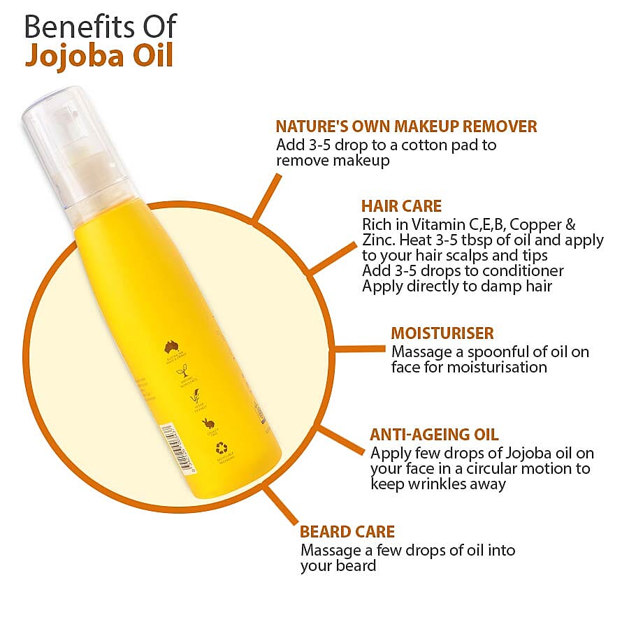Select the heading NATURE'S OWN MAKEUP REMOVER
point(406,126)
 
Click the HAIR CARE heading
point(401,206)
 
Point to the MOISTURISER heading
point(442,333)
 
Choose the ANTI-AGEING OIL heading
point(434,434)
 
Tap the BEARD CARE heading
point(347,532)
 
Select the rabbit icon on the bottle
point(208,423)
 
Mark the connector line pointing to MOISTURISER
point(361,348)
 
